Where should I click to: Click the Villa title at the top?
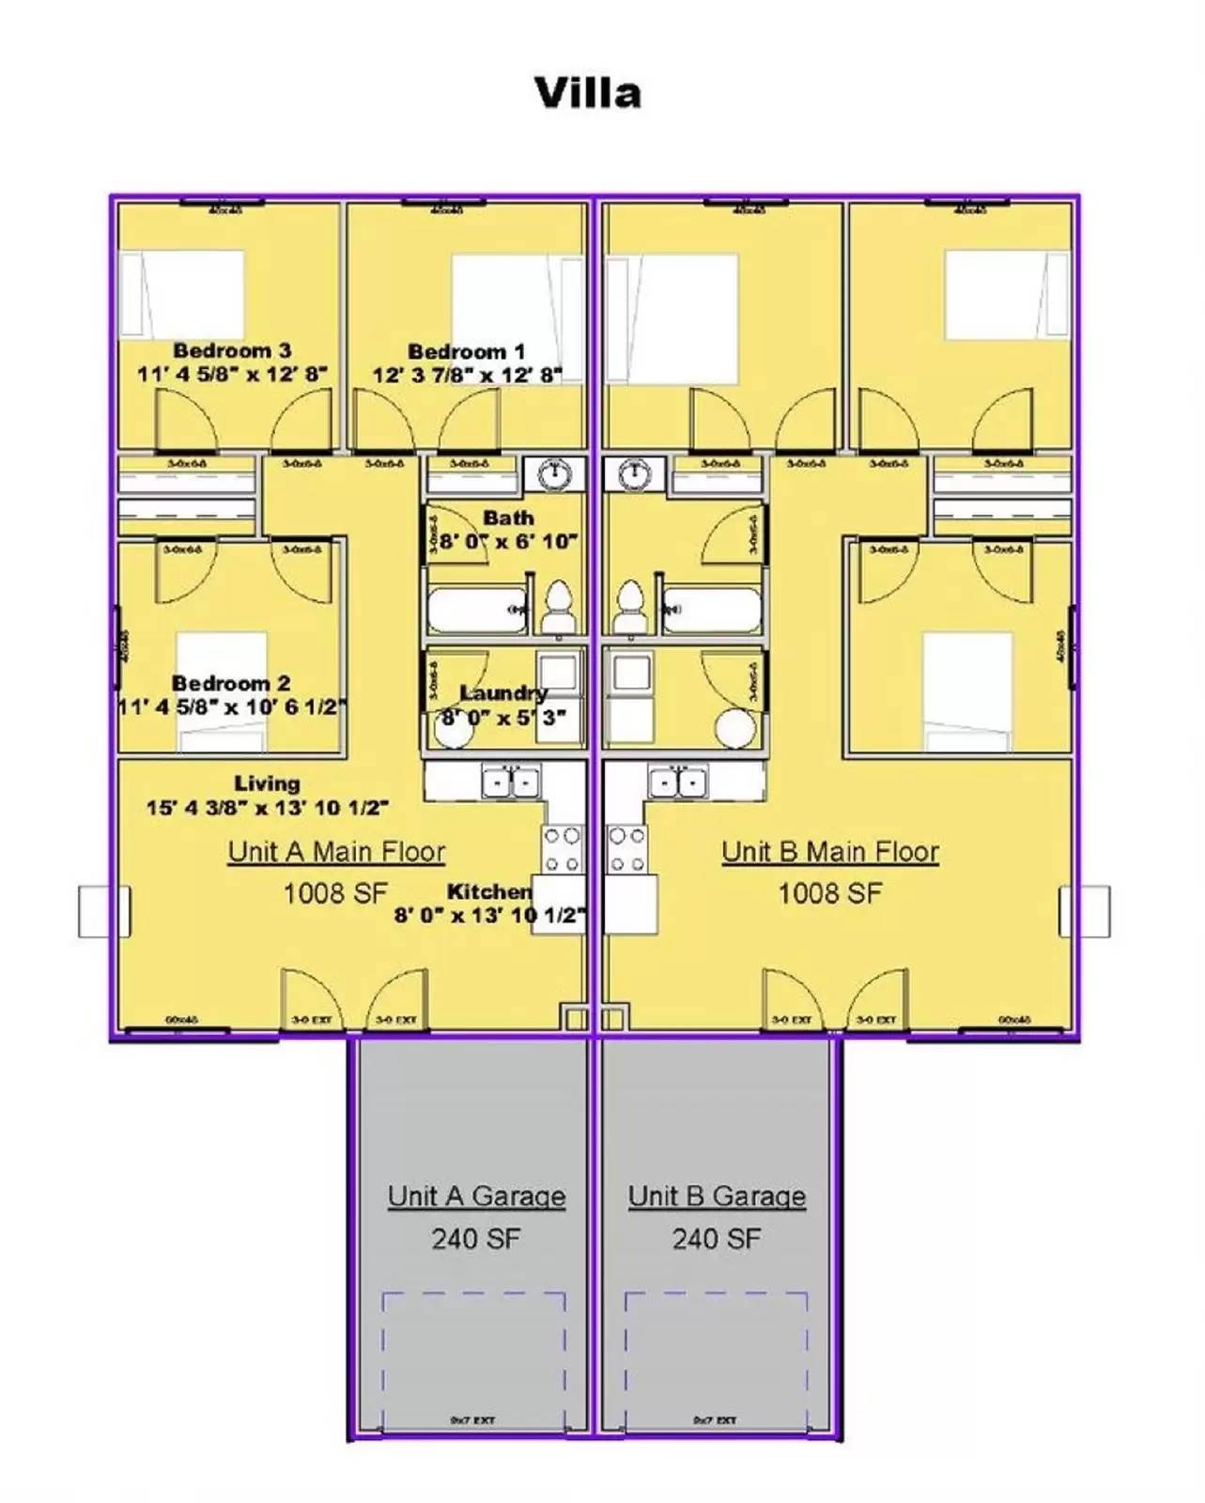(x=588, y=93)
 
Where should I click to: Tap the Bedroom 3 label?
(x=232, y=350)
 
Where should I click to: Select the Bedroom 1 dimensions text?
(x=467, y=375)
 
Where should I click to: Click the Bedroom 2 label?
(x=231, y=683)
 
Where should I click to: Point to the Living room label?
(x=268, y=783)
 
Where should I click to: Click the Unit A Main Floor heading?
(x=336, y=852)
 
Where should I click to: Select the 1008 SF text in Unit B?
(x=829, y=893)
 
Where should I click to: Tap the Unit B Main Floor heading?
(x=830, y=852)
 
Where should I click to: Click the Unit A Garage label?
(x=476, y=1196)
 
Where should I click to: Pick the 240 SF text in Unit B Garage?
(x=716, y=1239)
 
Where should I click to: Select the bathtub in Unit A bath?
(x=477, y=611)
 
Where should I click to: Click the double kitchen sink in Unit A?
(x=510, y=782)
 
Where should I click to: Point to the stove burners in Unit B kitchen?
(x=626, y=849)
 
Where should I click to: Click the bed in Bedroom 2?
(x=222, y=691)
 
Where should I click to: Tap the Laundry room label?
(x=503, y=693)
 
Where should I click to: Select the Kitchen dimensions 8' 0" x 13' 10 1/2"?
(x=489, y=915)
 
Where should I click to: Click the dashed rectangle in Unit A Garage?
(x=473, y=1353)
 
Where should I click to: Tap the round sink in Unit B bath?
(x=635, y=474)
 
